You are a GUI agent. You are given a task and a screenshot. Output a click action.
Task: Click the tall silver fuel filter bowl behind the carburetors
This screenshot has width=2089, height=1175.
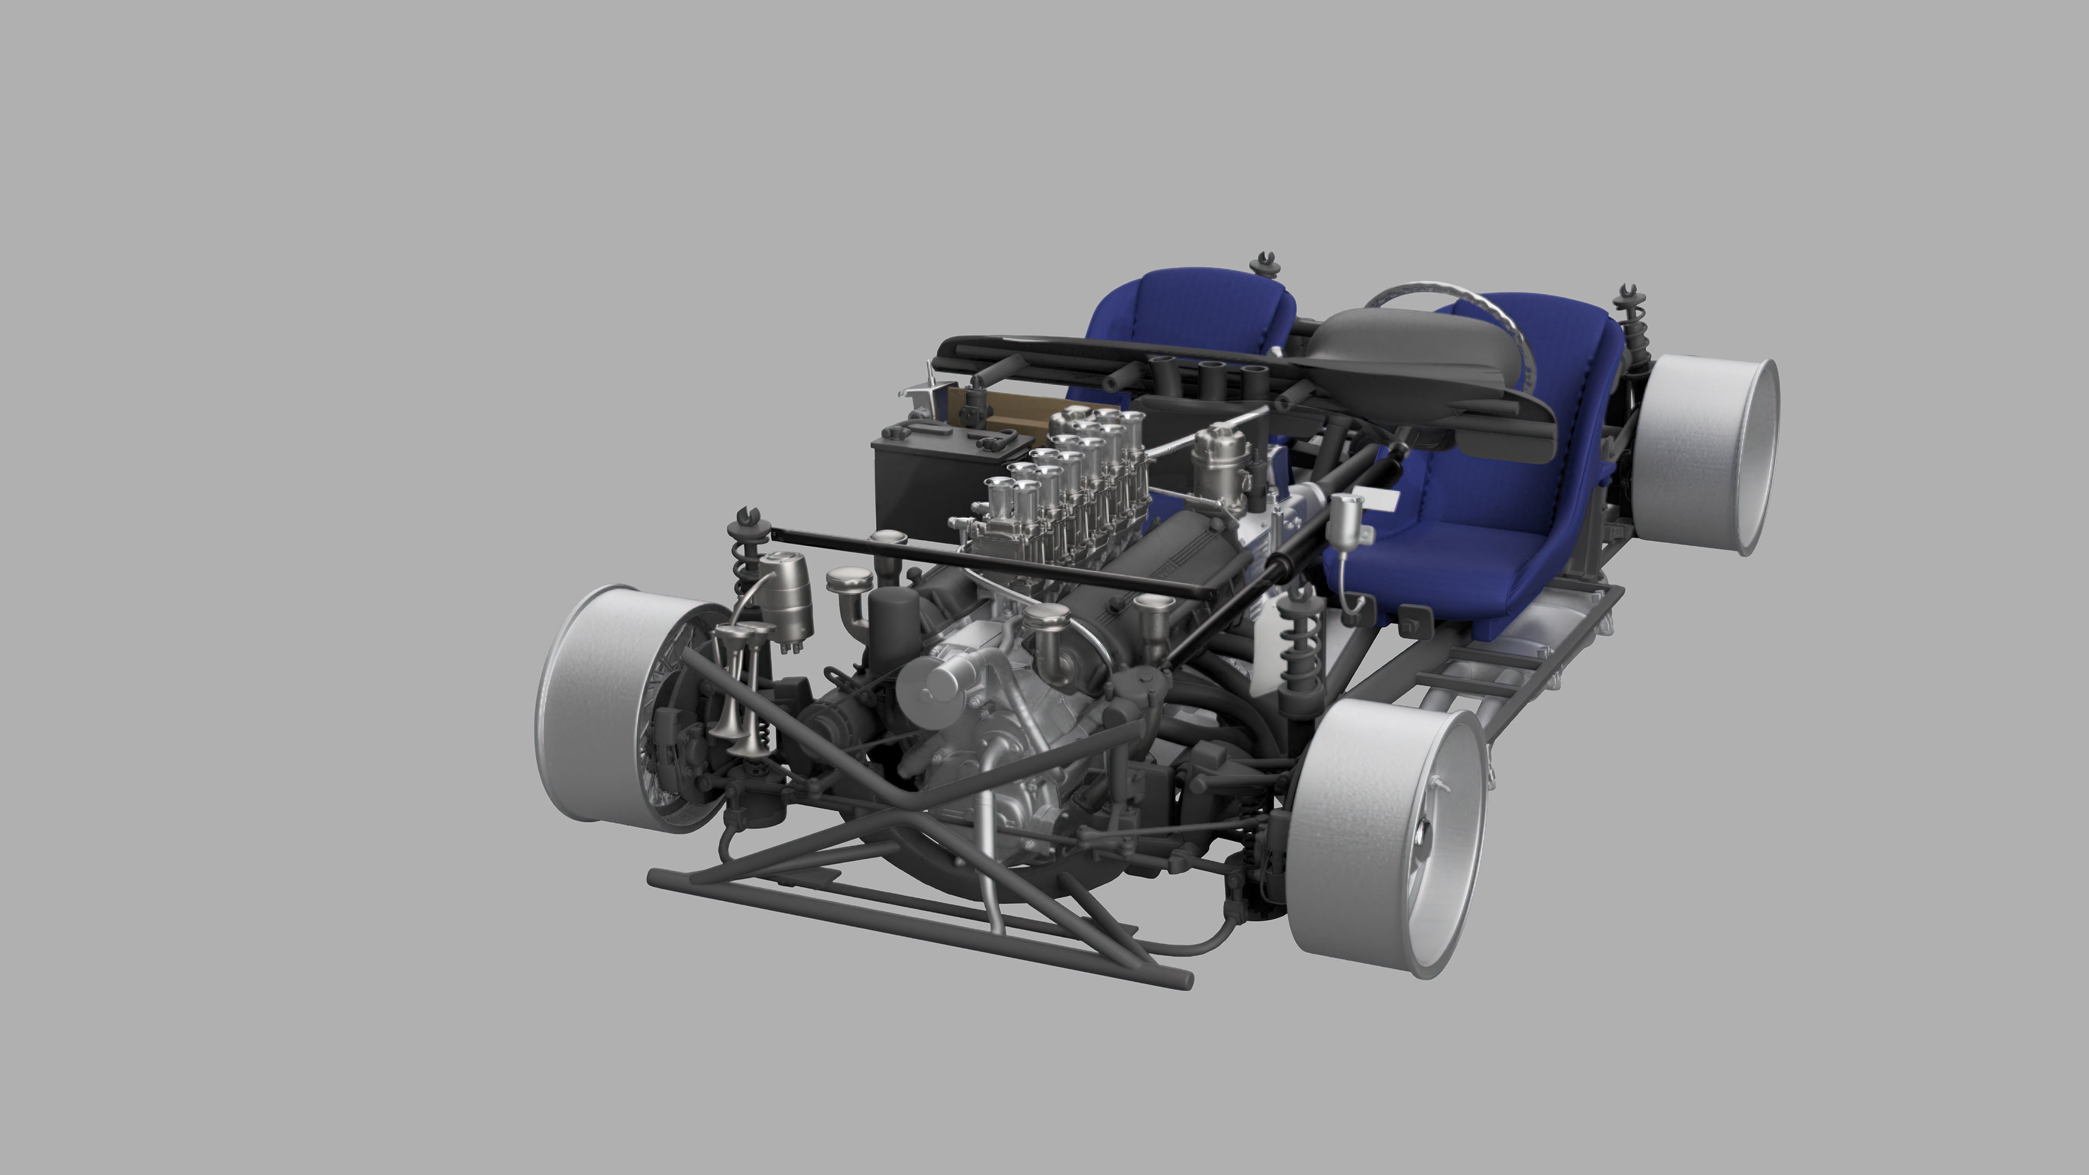point(1220,462)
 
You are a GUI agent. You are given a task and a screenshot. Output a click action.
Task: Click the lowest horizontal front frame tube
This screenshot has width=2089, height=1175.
point(916,932)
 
